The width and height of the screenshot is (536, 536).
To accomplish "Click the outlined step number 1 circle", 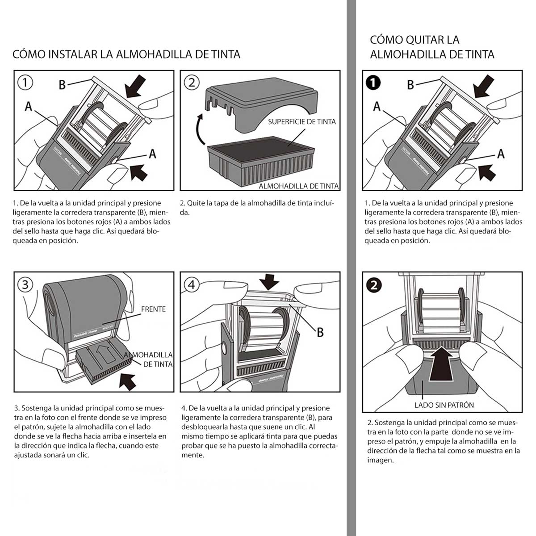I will [x=25, y=82].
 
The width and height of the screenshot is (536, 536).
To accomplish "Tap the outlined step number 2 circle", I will [x=192, y=82].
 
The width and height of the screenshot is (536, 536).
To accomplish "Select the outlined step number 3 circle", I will [x=25, y=285].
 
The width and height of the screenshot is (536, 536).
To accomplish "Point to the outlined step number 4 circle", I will [x=192, y=285].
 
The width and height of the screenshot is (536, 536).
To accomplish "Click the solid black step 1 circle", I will [x=373, y=83].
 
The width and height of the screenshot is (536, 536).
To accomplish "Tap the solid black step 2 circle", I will [x=373, y=285].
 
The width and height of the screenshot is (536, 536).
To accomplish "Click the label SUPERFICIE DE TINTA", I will [x=301, y=121].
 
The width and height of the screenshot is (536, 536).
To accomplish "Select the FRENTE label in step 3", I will [x=153, y=309].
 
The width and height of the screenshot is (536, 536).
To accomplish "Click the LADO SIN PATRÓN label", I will [x=444, y=405].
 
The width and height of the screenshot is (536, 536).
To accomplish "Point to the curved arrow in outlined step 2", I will [x=198, y=128].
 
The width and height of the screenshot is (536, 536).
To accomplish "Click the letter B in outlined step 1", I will [x=63, y=84].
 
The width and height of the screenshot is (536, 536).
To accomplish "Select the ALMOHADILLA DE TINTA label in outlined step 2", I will [x=298, y=186].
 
